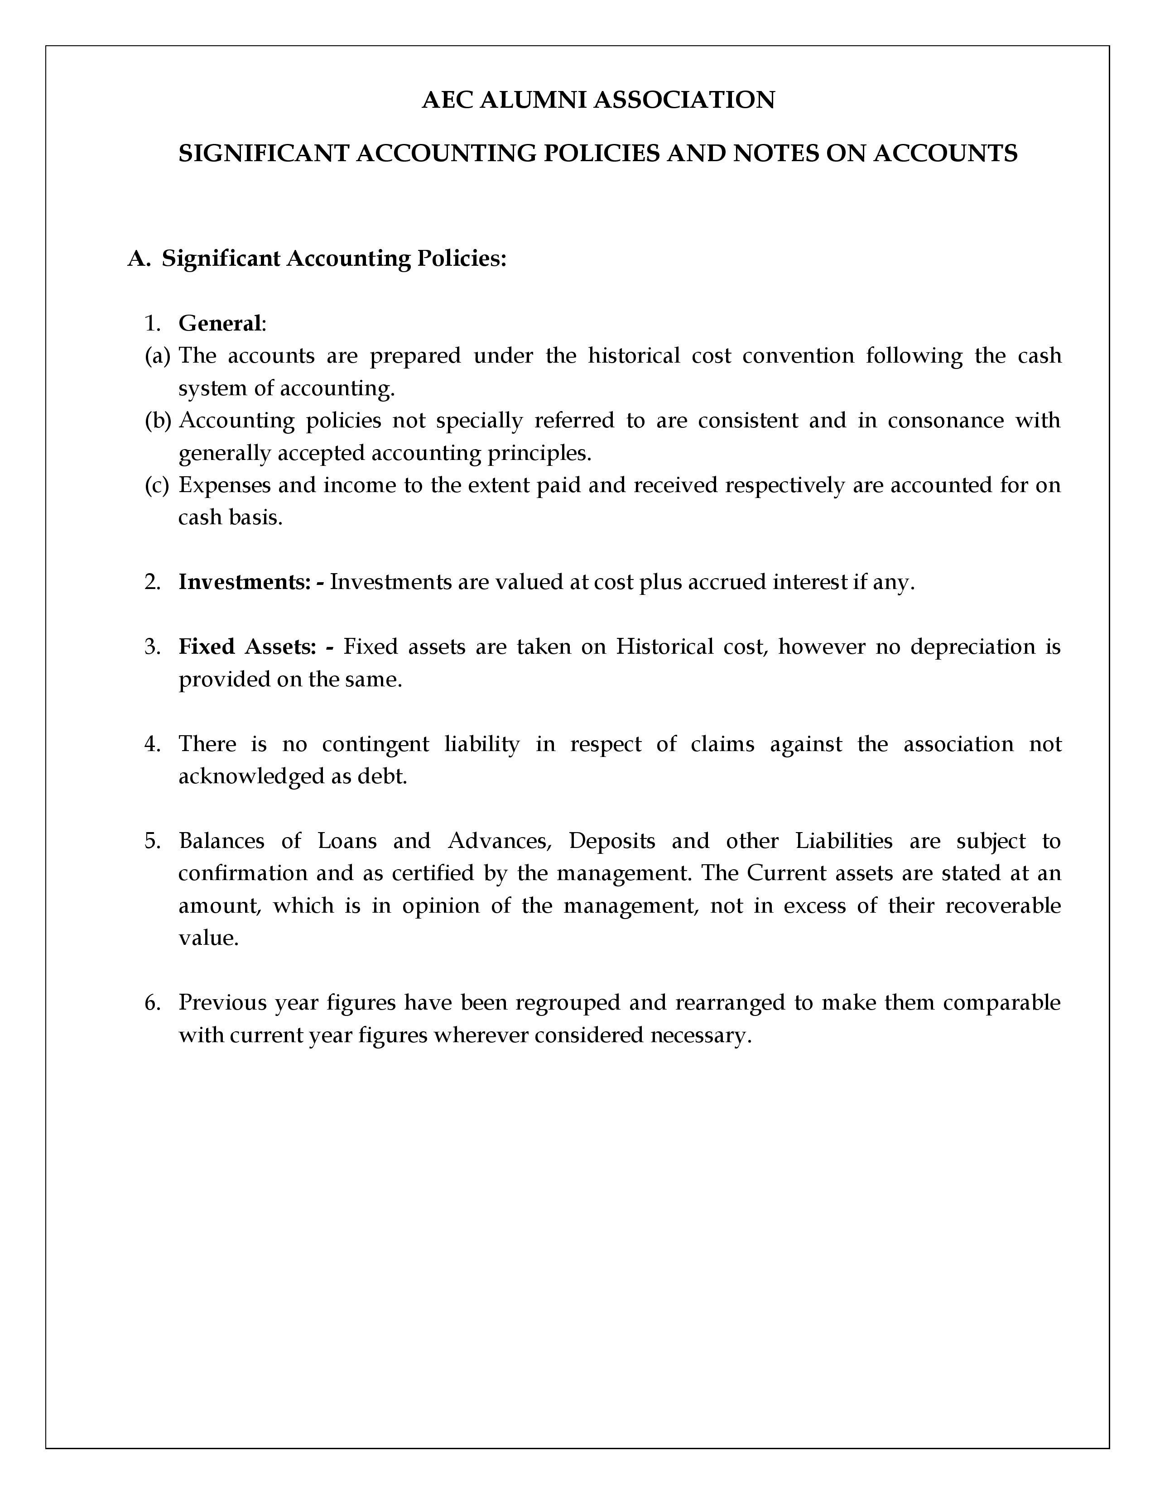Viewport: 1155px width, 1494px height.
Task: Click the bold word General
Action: [219, 324]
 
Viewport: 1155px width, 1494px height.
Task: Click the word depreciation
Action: [972, 646]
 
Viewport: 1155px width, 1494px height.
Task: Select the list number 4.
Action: [152, 743]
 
